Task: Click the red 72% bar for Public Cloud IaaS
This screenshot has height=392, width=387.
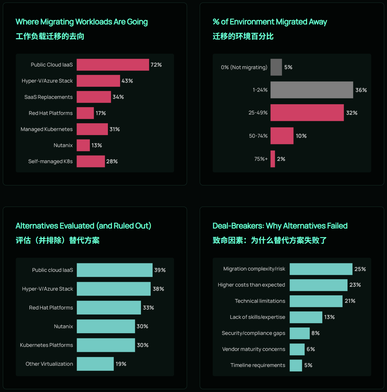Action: (113, 65)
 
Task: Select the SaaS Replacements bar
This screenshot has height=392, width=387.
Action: (94, 97)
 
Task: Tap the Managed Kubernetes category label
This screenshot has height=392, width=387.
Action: (47, 129)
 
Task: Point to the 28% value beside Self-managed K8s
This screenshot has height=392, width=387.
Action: (112, 161)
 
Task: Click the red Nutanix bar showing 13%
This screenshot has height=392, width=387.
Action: (83, 145)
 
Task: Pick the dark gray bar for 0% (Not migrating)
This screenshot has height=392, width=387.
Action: (276, 67)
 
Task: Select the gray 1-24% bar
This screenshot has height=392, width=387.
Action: (312, 90)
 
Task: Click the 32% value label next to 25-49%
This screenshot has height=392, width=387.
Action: (352, 113)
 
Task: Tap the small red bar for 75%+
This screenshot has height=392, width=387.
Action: (273, 159)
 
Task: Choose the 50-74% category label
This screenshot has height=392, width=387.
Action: (258, 136)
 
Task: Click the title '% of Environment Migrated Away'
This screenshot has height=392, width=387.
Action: (270, 22)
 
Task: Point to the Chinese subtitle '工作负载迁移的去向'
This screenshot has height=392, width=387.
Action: (50, 36)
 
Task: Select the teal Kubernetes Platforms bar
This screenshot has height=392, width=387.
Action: (106, 345)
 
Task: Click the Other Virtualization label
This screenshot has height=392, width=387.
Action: (49, 364)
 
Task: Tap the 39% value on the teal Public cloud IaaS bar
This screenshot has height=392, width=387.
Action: (160, 270)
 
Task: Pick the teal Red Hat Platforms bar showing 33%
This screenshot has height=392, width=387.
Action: (109, 307)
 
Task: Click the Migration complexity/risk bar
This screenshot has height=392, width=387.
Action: (321, 269)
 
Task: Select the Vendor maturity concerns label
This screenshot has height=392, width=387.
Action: (254, 349)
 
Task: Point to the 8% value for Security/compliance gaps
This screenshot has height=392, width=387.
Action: (316, 333)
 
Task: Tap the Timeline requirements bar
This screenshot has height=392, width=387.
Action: (296, 365)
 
